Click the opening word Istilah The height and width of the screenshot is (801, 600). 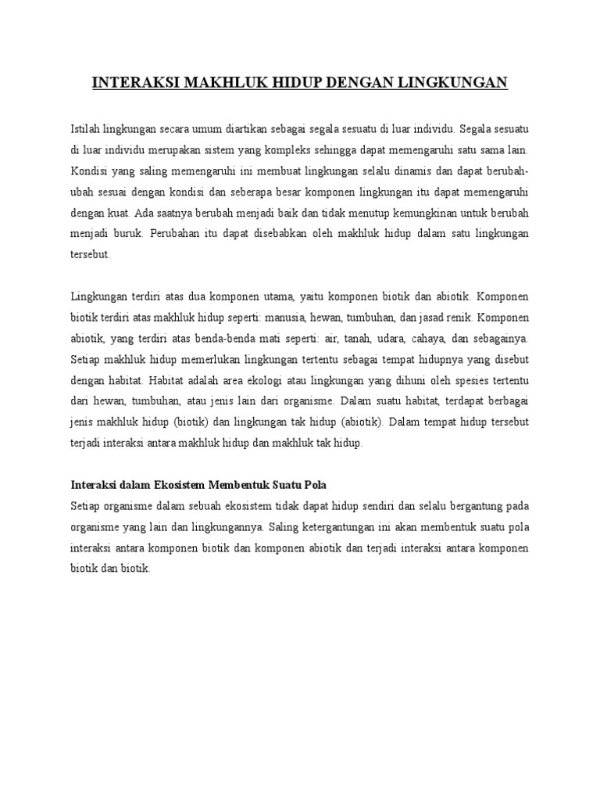(85, 128)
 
